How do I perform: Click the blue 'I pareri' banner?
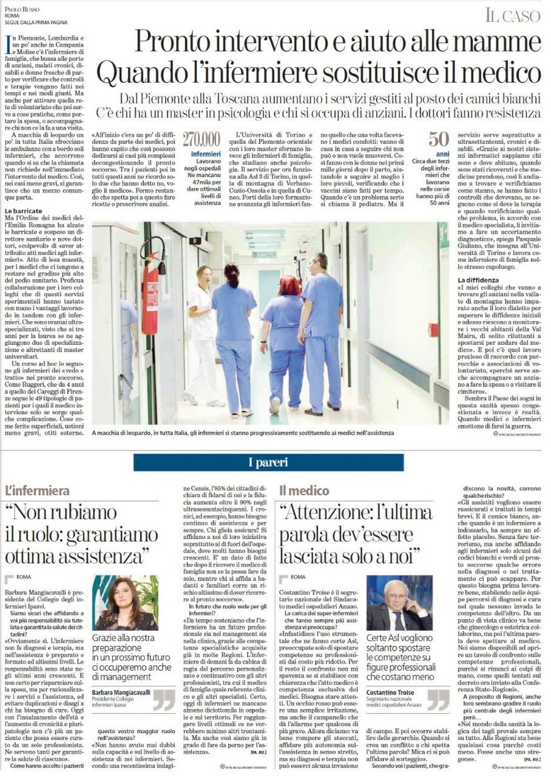click(x=268, y=463)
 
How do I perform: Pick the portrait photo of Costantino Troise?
click(x=399, y=603)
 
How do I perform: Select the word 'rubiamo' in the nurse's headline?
click(x=82, y=514)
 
